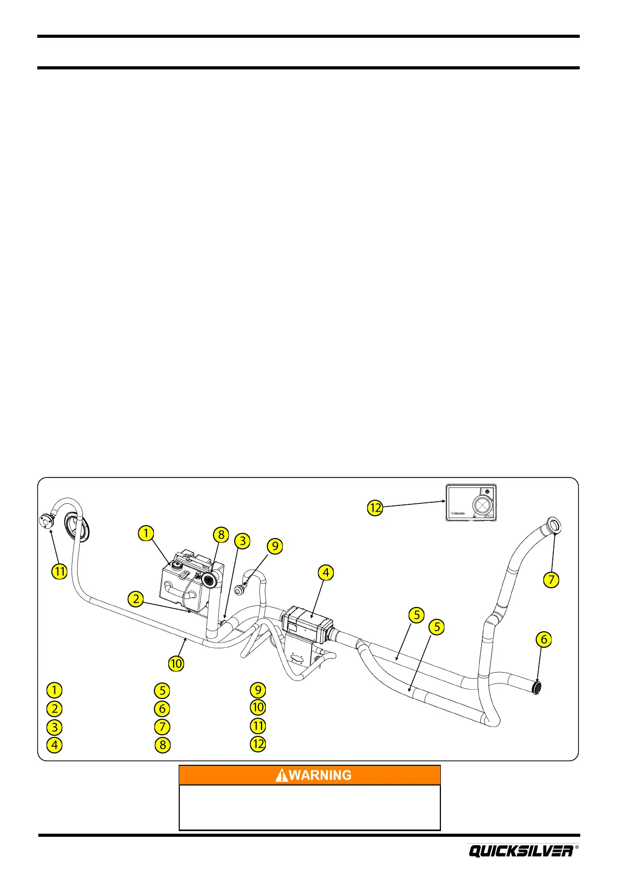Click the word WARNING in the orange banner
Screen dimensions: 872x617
tap(320, 775)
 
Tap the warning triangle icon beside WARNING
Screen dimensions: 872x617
tap(282, 775)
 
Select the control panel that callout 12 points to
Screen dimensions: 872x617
tap(471, 502)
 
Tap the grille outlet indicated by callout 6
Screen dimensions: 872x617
tap(538, 688)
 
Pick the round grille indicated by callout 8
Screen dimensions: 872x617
tap(210, 580)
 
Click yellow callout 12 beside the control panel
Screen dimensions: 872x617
tap(375, 507)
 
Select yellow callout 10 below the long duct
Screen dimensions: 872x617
tap(176, 663)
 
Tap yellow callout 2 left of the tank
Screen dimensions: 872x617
tap(136, 599)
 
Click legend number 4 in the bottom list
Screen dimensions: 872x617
tap(54, 745)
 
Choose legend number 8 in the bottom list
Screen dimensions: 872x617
tap(162, 745)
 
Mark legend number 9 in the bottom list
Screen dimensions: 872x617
tap(257, 690)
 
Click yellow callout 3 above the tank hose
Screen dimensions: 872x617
tap(242, 541)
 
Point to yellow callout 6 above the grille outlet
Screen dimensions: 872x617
tap(543, 640)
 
